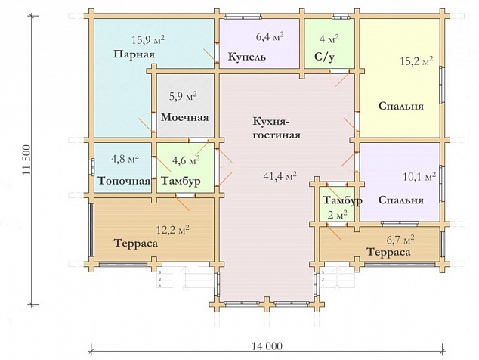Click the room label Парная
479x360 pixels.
point(134,54)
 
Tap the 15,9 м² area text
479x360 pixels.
point(149,39)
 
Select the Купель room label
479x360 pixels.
point(247,57)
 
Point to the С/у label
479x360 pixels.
point(324,57)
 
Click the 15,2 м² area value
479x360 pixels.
point(417,61)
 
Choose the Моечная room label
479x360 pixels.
point(185,117)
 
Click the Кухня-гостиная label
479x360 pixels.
point(277,128)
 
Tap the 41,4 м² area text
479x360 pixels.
point(280,176)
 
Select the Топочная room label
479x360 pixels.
point(124,181)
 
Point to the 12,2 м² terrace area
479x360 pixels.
point(173,229)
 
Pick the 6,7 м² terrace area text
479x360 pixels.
point(400,239)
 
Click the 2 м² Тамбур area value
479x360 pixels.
point(337,215)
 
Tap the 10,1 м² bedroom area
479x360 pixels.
point(419,177)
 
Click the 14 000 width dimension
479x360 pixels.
point(267,346)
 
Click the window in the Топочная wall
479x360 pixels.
point(92,167)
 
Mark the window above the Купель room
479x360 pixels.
point(243,16)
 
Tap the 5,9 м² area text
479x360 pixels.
point(183,97)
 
